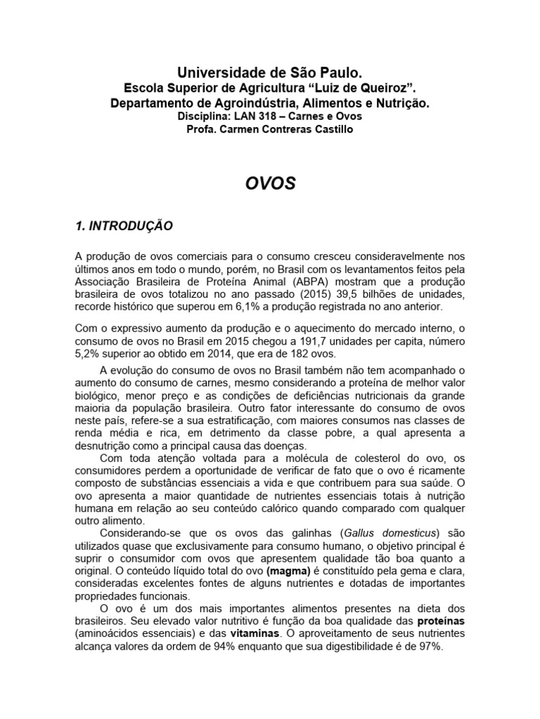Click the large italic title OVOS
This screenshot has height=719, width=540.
pyautogui.click(x=270, y=184)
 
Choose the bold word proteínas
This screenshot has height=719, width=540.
pyautogui.click(x=441, y=622)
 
